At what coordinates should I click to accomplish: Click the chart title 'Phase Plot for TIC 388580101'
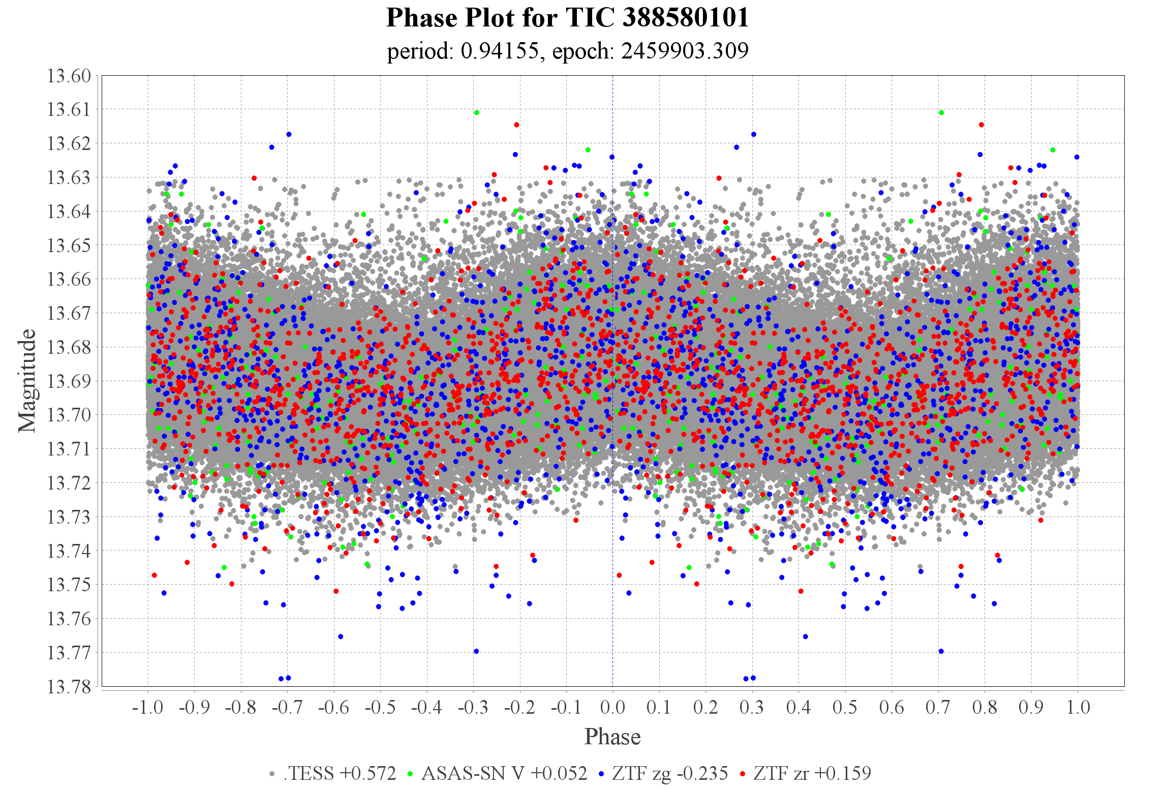[x=567, y=18]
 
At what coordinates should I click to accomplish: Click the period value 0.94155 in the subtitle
[x=499, y=51]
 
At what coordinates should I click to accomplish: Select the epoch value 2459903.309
[x=684, y=51]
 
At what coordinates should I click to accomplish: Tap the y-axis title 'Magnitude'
[x=27, y=381]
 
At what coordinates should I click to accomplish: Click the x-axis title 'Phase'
[x=612, y=737]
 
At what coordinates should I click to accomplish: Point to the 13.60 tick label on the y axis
[x=69, y=76]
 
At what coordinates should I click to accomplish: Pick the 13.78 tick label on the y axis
[x=69, y=687]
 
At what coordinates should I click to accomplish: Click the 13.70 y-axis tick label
[x=69, y=415]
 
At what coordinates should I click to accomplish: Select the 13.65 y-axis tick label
[x=69, y=245]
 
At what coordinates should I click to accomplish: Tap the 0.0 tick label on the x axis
[x=612, y=707]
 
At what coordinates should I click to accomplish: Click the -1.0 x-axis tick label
[x=147, y=707]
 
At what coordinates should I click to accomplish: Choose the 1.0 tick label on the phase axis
[x=1078, y=707]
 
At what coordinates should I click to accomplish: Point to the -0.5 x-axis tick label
[x=380, y=707]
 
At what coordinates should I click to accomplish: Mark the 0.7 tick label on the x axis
[x=938, y=707]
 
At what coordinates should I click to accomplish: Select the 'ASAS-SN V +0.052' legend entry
[x=504, y=773]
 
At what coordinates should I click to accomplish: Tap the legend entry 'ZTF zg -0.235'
[x=669, y=773]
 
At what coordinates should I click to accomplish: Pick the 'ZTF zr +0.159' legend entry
[x=812, y=773]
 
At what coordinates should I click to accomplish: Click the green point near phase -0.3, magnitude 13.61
[x=476, y=112]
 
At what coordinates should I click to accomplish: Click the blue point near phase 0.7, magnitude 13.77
[x=941, y=651]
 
